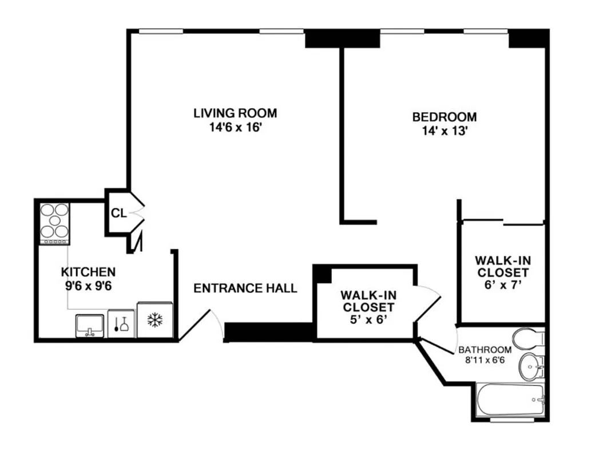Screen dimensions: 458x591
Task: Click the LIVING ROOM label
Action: pyautogui.click(x=235, y=113)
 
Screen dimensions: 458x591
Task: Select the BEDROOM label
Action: pyautogui.click(x=444, y=117)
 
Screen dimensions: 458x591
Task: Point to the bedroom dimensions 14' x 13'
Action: pyautogui.click(x=444, y=131)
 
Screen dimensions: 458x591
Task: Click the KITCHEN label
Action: pyautogui.click(x=88, y=272)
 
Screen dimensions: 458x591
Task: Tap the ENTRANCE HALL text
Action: pyautogui.click(x=245, y=288)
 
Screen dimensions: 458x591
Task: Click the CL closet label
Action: pyautogui.click(x=118, y=214)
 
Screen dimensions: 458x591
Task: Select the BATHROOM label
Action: pyautogui.click(x=485, y=350)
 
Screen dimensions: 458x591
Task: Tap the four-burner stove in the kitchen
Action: pyautogui.click(x=54, y=223)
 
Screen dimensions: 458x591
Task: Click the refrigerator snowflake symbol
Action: pyautogui.click(x=155, y=321)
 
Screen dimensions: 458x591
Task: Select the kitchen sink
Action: pyautogui.click(x=90, y=325)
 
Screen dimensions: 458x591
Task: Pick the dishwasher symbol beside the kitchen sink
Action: pyautogui.click(x=121, y=324)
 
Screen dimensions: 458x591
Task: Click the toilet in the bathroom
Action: pyautogui.click(x=528, y=338)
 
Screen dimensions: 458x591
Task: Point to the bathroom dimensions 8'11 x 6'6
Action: pyautogui.click(x=485, y=361)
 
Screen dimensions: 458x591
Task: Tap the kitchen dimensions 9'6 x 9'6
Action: pyautogui.click(x=88, y=285)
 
